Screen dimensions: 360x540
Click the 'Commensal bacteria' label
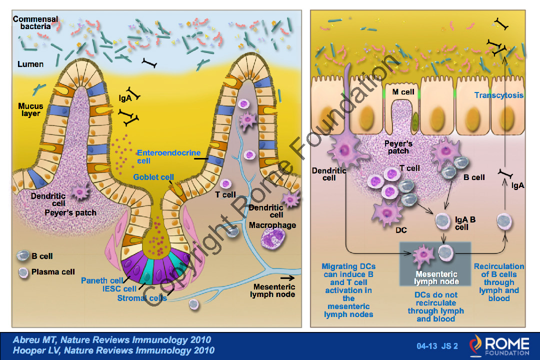[35, 22]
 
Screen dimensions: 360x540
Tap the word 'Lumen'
[30, 64]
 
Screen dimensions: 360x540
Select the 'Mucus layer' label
[30, 110]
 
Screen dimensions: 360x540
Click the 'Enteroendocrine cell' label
[168, 157]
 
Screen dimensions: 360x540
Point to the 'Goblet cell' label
[153, 177]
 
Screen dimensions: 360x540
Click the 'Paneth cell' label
[101, 280]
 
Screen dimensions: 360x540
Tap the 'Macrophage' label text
[272, 225]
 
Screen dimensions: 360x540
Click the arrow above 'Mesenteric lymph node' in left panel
[287, 277]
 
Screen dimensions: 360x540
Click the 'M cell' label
[403, 92]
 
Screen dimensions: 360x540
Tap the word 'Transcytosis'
[498, 95]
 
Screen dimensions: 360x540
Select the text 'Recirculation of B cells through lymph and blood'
[498, 282]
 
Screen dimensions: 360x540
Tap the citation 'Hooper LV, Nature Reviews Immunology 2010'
[114, 350]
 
